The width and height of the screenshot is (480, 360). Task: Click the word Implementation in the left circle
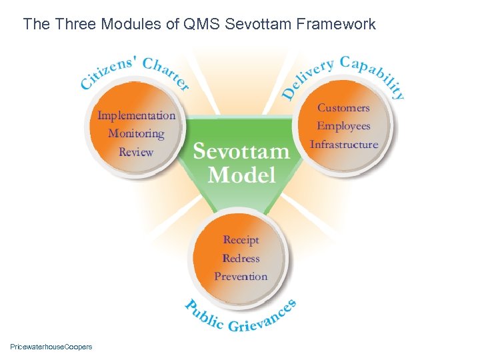coord(137,115)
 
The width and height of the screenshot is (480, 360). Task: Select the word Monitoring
coord(136,133)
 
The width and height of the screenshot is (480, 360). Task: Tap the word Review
coord(136,152)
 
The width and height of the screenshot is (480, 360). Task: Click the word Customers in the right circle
coord(343,107)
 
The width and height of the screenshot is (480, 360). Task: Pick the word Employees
coord(343,126)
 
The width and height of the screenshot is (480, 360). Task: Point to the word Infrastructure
coord(343,144)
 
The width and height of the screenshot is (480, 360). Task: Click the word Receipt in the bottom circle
coord(241,240)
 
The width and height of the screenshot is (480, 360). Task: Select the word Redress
coord(241,258)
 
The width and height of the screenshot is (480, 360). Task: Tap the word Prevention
coord(241,276)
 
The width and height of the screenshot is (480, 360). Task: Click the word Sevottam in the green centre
coord(241,151)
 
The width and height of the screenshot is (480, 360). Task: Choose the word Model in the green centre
coord(241,175)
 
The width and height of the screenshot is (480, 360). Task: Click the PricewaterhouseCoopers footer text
coord(51,347)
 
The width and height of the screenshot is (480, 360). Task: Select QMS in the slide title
coord(203,25)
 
